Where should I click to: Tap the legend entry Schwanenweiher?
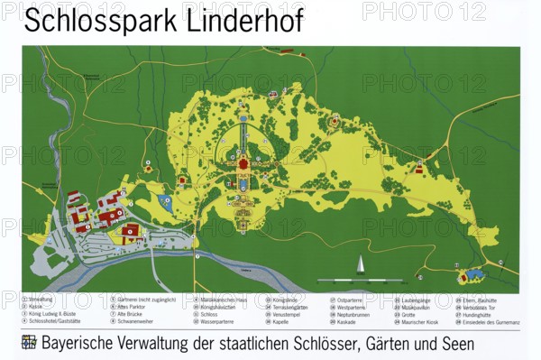[x=136, y=320]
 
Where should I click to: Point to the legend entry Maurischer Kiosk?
[x=418, y=320]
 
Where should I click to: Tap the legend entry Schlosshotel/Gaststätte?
[x=53, y=320]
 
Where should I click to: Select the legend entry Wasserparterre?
[x=217, y=320]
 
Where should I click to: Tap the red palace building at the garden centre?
[x=243, y=165]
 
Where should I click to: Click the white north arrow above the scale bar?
[x=360, y=263]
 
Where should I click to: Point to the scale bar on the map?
[x=360, y=279]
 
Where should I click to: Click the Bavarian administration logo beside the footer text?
[x=29, y=343]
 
